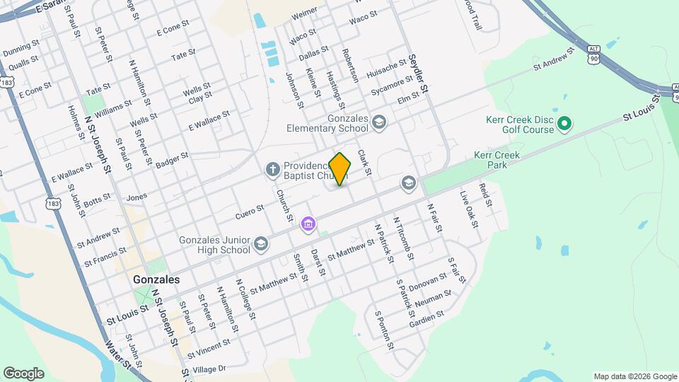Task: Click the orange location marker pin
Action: [340, 169]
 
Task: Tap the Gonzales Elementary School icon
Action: [379, 124]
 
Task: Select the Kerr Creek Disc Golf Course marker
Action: [564, 125]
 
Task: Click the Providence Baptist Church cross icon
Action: [272, 169]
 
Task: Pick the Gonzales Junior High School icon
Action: [261, 244]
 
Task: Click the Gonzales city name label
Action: [156, 279]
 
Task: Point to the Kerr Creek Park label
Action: [497, 160]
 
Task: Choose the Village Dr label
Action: [209, 369]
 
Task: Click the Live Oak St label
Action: [469, 209]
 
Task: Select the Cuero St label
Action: [250, 210]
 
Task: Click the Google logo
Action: [24, 373]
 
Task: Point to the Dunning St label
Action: [21, 49]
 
